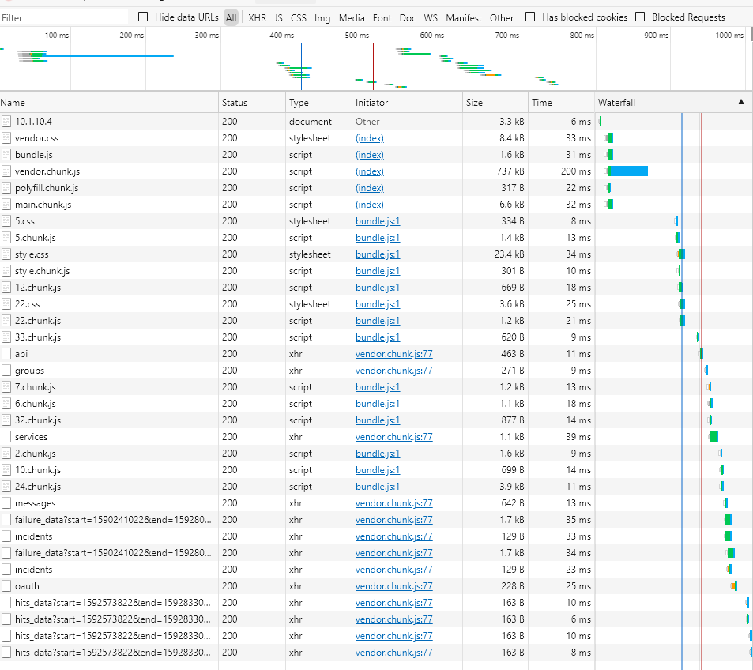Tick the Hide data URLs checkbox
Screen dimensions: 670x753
(143, 17)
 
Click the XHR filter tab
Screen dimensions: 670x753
(257, 17)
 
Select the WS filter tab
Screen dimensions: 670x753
(431, 17)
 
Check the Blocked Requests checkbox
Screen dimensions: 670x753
(640, 17)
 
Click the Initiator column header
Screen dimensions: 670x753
(371, 103)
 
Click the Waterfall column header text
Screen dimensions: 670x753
(616, 103)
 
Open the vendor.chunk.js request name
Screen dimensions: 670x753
(47, 171)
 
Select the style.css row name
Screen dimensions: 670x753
(32, 254)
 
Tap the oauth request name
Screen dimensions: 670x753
(27, 586)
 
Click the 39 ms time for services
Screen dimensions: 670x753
(578, 437)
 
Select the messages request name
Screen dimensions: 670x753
(35, 503)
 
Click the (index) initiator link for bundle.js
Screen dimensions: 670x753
(370, 155)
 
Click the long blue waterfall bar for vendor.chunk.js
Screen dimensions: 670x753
(629, 171)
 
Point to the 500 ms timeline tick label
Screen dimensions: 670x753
(356, 36)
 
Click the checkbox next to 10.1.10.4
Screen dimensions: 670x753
(6, 122)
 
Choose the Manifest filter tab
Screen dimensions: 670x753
(463, 17)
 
